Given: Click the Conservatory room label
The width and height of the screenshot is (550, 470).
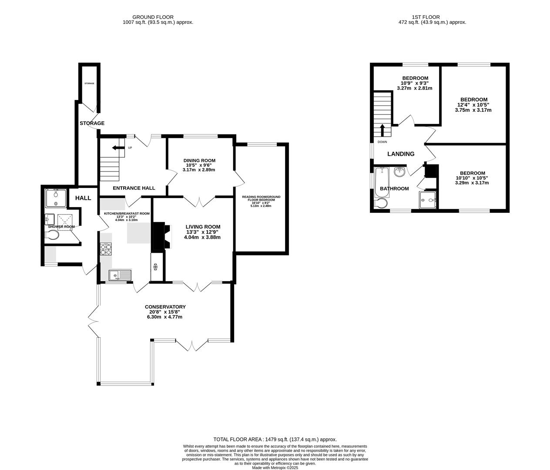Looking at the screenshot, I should [165, 307].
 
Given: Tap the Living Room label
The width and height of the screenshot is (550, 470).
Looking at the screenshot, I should [203, 227].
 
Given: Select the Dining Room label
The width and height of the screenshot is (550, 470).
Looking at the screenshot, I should [199, 161].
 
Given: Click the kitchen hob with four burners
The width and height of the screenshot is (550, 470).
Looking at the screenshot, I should [106, 249].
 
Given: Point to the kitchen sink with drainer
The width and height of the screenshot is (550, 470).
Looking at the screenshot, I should [120, 275].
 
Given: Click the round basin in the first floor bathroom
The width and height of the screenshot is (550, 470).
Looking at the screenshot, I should [399, 172].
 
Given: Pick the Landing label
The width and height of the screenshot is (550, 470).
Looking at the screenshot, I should [401, 154].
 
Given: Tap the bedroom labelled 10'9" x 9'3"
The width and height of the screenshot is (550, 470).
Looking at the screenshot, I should [415, 78].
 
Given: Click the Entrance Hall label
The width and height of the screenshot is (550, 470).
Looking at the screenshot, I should [134, 188].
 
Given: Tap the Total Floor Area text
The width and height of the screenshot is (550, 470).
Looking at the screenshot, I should [275, 440].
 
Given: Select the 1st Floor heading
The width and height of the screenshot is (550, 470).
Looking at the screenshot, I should [432, 17].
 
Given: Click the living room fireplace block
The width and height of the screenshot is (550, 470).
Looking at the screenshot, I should [158, 236].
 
